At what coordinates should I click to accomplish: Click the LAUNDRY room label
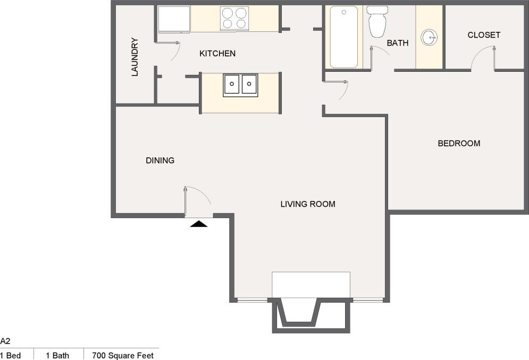[x=135, y=56]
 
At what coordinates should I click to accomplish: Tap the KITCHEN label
[x=217, y=53]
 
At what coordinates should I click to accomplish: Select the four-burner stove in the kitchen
[x=234, y=18]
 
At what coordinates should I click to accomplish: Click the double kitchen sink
[x=240, y=84]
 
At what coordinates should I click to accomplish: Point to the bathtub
[x=343, y=36]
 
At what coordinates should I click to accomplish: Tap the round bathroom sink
[x=429, y=37]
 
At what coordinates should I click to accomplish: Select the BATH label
[x=397, y=43]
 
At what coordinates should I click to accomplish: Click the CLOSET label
[x=484, y=35]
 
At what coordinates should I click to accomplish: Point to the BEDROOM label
[x=459, y=143]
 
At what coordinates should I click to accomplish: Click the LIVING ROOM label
[x=308, y=204]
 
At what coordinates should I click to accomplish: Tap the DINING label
[x=160, y=160]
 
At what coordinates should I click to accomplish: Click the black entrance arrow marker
[x=199, y=224]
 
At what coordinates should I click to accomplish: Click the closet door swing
[x=483, y=57]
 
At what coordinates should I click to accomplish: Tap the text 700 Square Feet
[x=123, y=355]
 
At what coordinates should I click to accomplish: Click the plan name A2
[x=5, y=341]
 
